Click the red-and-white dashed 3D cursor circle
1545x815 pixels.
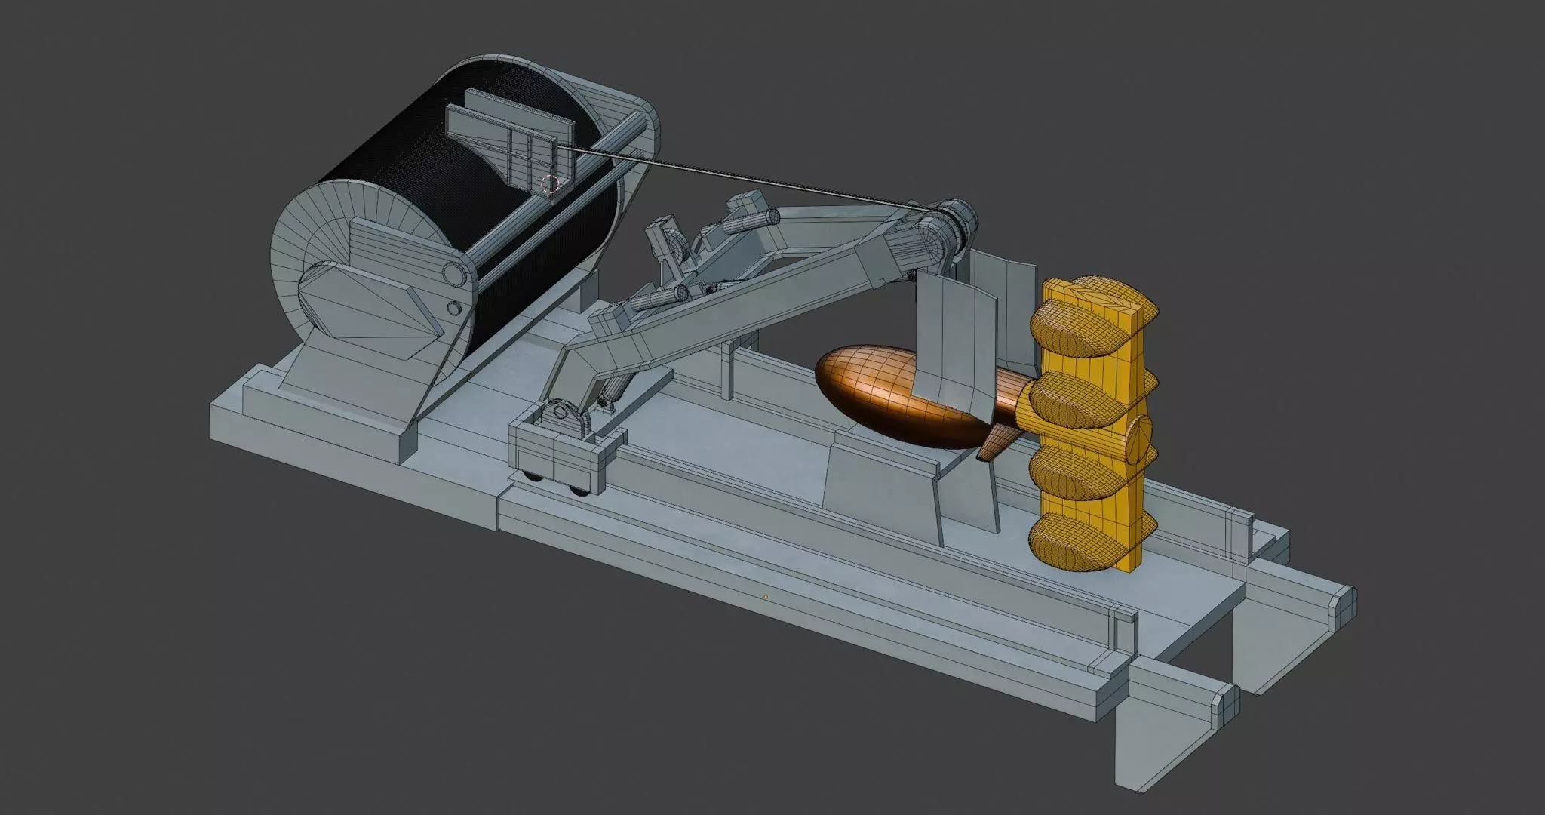tap(550, 183)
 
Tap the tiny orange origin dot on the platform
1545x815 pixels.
tap(766, 596)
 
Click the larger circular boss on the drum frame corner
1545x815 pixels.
tap(453, 272)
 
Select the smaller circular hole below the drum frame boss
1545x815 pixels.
tap(454, 309)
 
